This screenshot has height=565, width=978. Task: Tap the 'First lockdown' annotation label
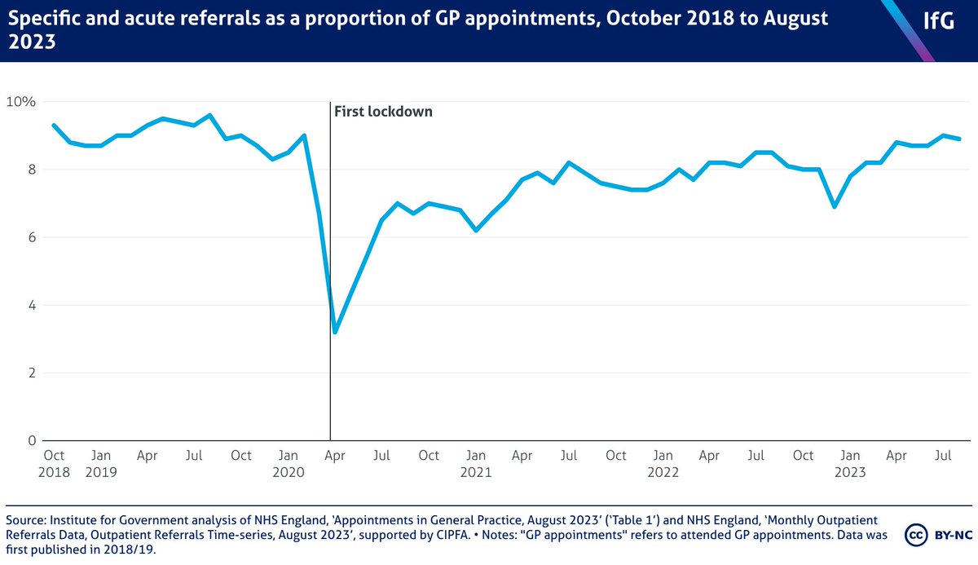click(x=383, y=112)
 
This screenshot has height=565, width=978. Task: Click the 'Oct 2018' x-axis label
click(x=54, y=463)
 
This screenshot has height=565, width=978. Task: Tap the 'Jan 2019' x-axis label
click(x=100, y=463)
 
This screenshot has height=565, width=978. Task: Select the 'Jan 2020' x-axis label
click(x=289, y=463)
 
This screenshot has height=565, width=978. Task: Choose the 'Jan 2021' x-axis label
click(x=476, y=463)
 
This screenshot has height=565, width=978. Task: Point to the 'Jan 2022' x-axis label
click(x=663, y=463)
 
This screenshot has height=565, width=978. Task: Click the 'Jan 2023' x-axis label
click(x=852, y=463)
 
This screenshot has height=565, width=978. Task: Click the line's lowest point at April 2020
click(x=335, y=333)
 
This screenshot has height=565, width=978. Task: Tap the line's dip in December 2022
click(x=835, y=207)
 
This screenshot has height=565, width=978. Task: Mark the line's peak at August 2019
click(x=210, y=115)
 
